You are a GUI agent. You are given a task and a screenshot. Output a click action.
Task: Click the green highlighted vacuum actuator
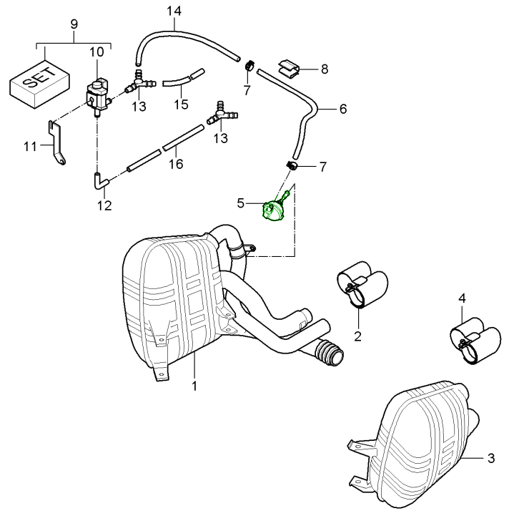pyautogui.click(x=273, y=210)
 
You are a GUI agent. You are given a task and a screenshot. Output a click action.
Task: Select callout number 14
pyautogui.click(x=174, y=11)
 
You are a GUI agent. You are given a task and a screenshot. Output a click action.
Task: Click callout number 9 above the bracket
pyautogui.click(x=74, y=24)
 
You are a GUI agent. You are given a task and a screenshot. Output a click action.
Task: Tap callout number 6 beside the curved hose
pyautogui.click(x=342, y=109)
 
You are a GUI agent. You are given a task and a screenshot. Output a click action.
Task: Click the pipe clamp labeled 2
pyautogui.click(x=360, y=286)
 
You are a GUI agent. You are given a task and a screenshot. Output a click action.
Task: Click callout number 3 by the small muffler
pyautogui.click(x=490, y=458)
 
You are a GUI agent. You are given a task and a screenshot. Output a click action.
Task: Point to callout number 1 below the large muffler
pyautogui.click(x=194, y=386)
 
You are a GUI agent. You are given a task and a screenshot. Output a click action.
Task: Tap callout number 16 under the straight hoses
pyautogui.click(x=175, y=164)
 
